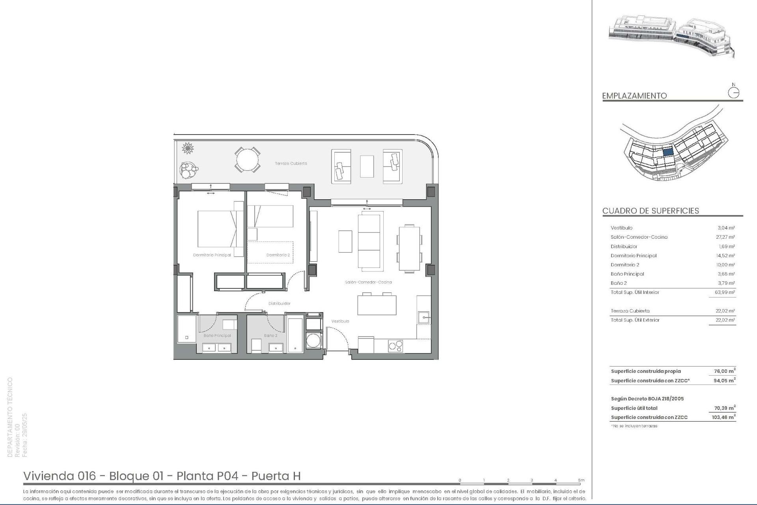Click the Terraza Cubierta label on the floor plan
pyautogui.click(x=291, y=163)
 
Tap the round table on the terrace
pyautogui.click(x=248, y=160)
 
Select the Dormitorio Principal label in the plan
pyautogui.click(x=212, y=255)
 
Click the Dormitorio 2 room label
pyautogui.click(x=278, y=255)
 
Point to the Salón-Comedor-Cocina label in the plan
pyautogui.click(x=368, y=282)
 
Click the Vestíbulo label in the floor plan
pyautogui.click(x=340, y=322)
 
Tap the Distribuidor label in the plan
pyautogui.click(x=279, y=304)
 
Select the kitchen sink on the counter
pyautogui.click(x=424, y=317)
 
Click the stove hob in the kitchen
pyautogui.click(x=395, y=346)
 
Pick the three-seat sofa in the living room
pyautogui.click(x=371, y=241)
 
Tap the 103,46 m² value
pyautogui.click(x=723, y=417)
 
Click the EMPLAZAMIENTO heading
pyautogui.click(x=634, y=96)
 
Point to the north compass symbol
pyautogui.click(x=734, y=92)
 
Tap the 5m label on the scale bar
pyautogui.click(x=581, y=481)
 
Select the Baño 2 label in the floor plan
pyautogui.click(x=270, y=336)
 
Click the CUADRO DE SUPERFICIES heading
pyautogui.click(x=651, y=211)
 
